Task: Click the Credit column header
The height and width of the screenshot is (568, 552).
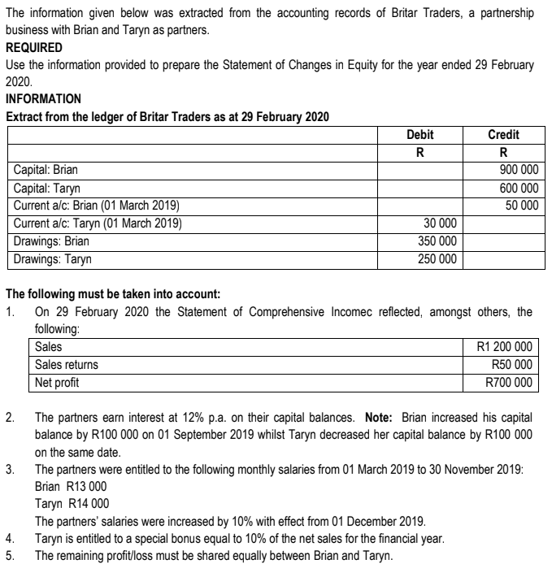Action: pyautogui.click(x=503, y=134)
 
